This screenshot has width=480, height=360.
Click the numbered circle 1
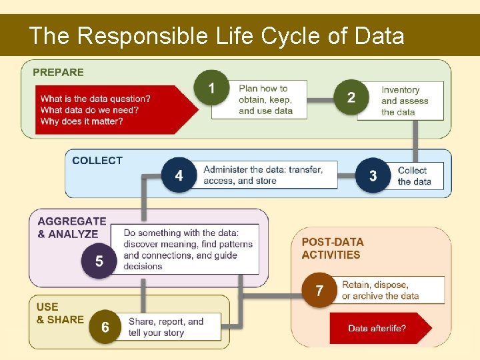pos(211,88)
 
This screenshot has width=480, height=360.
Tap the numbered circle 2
pos(351,98)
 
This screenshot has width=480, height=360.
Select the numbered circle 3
pos(373,175)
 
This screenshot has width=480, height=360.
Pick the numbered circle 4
pos(179,175)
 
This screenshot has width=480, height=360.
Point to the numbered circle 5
pos(99,261)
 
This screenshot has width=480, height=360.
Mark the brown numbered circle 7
pos(319,291)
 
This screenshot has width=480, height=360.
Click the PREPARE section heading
pos(59,72)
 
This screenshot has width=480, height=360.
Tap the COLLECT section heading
pos(97,160)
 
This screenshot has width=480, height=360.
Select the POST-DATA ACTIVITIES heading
pos(332,248)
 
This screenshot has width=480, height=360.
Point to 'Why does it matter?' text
pos(81,121)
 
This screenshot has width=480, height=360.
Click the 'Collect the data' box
pos(419,176)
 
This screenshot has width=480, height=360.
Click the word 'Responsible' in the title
pos(143,35)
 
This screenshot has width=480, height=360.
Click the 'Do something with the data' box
pos(189,249)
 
